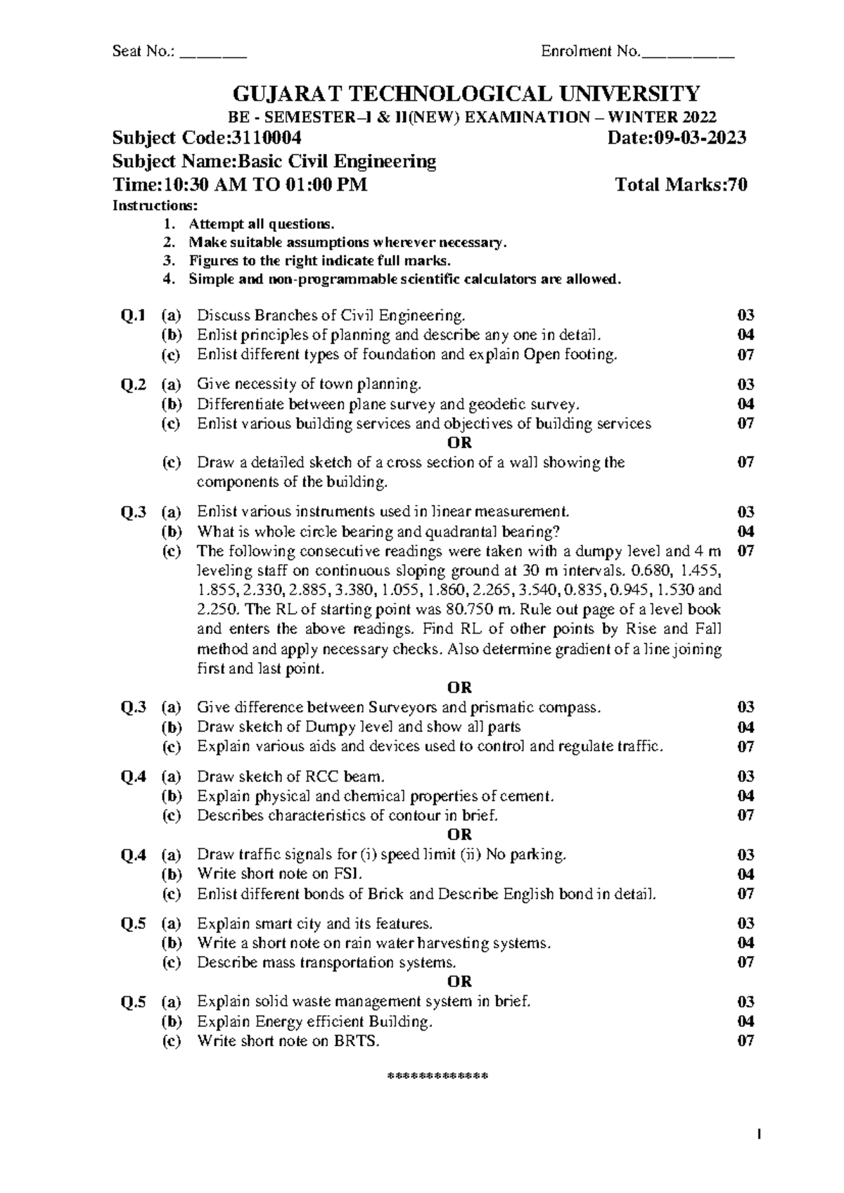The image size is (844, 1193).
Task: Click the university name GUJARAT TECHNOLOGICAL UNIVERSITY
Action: click(x=466, y=94)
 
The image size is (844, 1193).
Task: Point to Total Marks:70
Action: click(x=681, y=185)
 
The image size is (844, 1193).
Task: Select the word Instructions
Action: click(x=155, y=206)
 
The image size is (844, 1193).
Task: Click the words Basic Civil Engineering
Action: click(x=338, y=162)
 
